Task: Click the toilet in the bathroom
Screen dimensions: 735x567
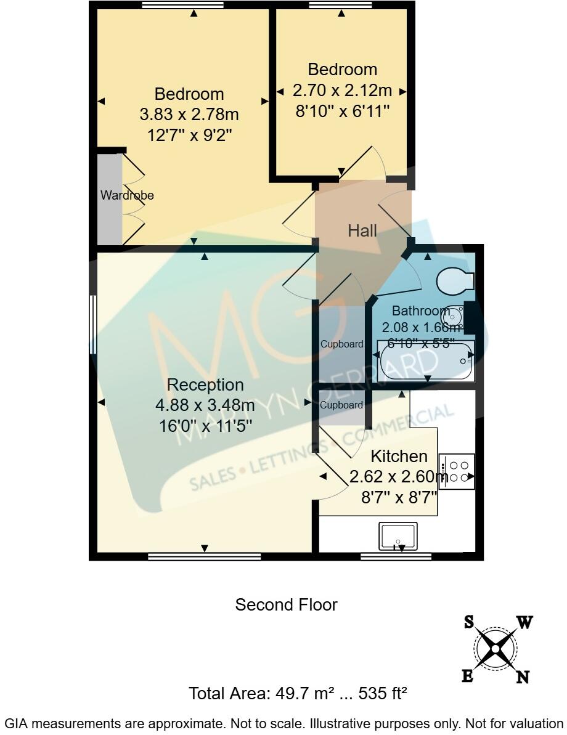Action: (455, 282)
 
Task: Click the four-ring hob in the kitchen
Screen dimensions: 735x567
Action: (457, 471)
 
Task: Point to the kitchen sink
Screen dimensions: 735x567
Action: (398, 536)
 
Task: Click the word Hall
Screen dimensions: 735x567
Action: (362, 231)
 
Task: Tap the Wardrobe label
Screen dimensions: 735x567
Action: (127, 196)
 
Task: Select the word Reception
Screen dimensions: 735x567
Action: (205, 385)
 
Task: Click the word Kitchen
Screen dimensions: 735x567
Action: (399, 457)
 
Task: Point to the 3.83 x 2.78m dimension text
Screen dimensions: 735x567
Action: (189, 115)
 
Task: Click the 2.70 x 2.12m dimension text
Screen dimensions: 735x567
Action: (342, 91)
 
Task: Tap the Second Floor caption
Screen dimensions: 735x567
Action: (286, 605)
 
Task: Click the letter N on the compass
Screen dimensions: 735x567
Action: (523, 677)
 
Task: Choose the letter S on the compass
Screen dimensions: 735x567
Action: (469, 622)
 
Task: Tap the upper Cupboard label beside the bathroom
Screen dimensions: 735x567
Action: (341, 344)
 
